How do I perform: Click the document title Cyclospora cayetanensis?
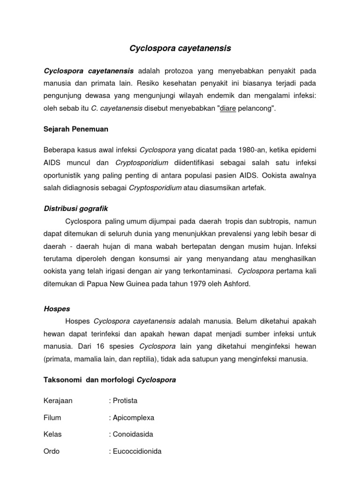pos(180,48)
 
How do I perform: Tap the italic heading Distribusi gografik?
pos(76,208)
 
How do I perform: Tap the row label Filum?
pos(52,417)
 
